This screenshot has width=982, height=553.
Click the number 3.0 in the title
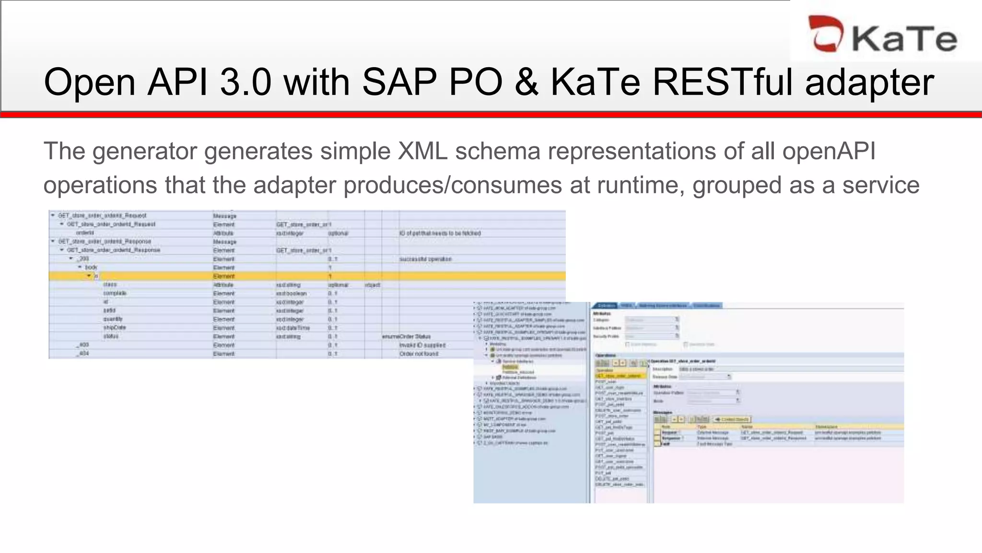click(x=245, y=82)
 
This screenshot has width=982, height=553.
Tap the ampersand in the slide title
click(x=526, y=82)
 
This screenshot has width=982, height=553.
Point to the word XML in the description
click(x=422, y=151)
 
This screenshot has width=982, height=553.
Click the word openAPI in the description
click(x=829, y=151)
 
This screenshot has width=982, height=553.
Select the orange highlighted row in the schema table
click(x=307, y=276)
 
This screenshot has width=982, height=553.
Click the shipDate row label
click(x=114, y=328)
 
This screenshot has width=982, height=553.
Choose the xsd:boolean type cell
click(x=291, y=293)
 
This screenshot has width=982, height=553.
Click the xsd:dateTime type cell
click(x=292, y=328)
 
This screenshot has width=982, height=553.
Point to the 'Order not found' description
click(x=419, y=354)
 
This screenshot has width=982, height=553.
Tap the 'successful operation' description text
click(x=425, y=259)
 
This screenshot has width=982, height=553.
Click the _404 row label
click(x=83, y=354)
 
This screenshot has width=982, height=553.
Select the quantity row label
click(x=113, y=319)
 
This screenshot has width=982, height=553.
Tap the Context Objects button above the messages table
click(x=732, y=420)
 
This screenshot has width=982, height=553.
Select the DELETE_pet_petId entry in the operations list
click(x=612, y=479)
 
